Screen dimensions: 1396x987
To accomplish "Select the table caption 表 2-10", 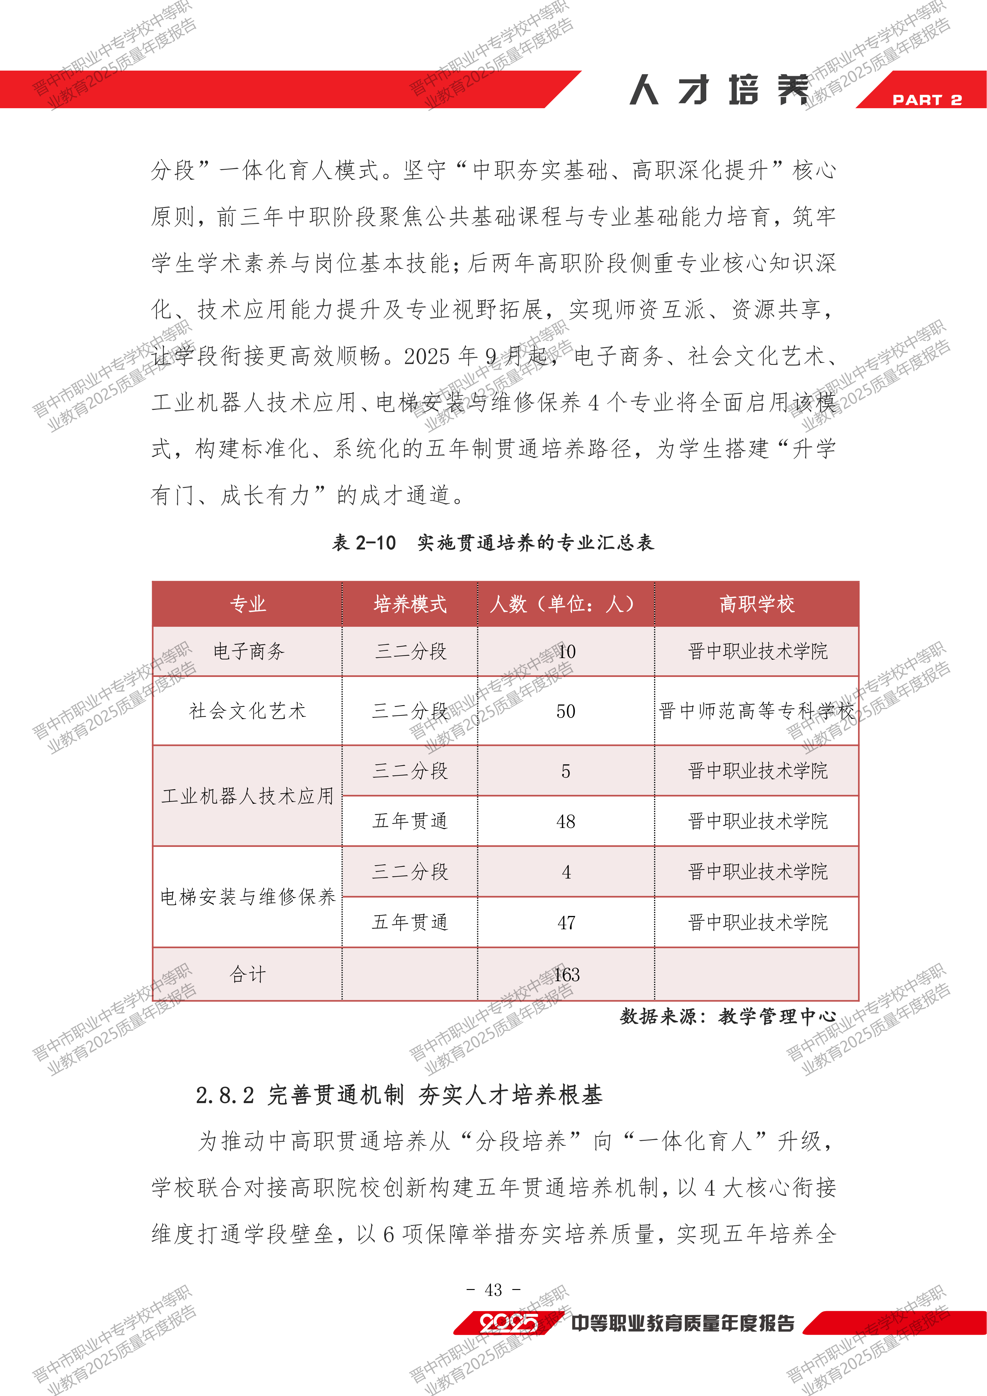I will point(363,542).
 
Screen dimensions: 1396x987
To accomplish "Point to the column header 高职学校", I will point(757,604).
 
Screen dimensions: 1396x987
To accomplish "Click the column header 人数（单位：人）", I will point(565,604).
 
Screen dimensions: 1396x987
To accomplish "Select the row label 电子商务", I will point(248,651).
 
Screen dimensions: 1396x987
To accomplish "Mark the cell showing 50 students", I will point(565,711).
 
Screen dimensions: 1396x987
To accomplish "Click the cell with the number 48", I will point(565,821).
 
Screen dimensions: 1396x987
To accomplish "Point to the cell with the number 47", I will point(566,922).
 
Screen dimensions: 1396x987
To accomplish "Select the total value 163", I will point(566,975).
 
